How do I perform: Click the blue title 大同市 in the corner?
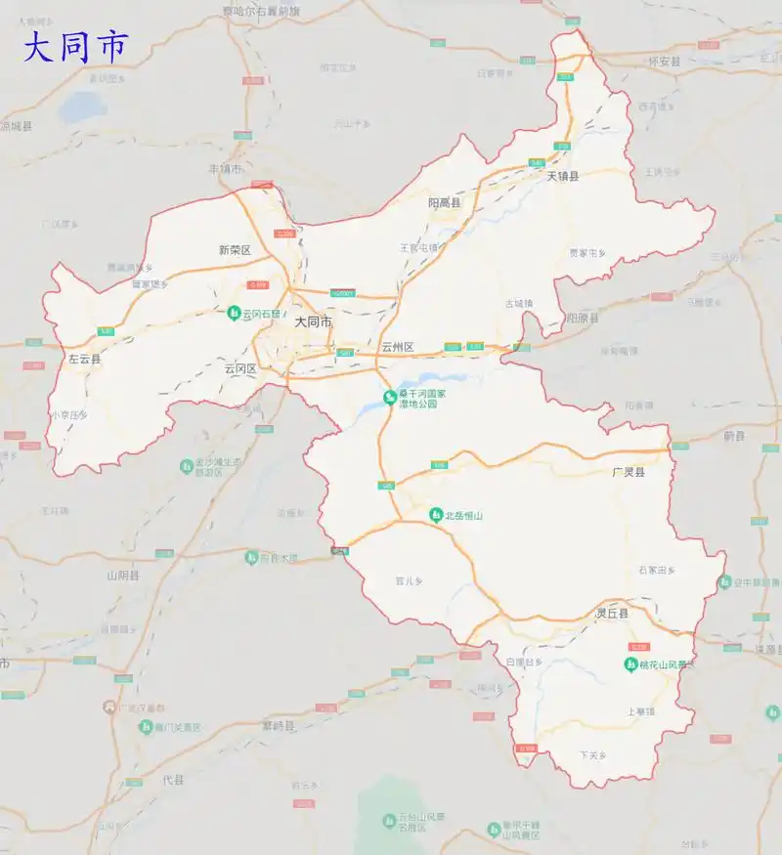pyautogui.click(x=75, y=47)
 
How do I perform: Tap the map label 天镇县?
pyautogui.click(x=563, y=177)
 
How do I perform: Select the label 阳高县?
pyautogui.click(x=445, y=203)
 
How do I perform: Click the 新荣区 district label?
pyautogui.click(x=235, y=250)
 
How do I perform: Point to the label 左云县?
pyautogui.click(x=85, y=360)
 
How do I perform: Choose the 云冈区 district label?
pyautogui.click(x=239, y=369)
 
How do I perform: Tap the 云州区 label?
pyautogui.click(x=398, y=348)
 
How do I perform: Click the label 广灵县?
pyautogui.click(x=629, y=472)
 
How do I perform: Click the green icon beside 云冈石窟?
pyautogui.click(x=235, y=314)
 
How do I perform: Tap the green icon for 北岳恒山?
pyautogui.click(x=436, y=515)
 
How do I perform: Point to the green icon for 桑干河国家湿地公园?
pyautogui.click(x=389, y=397)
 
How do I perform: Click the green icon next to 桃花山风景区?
pyautogui.click(x=631, y=664)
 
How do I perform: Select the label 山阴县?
pyautogui.click(x=123, y=577)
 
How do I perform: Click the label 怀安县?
pyautogui.click(x=664, y=61)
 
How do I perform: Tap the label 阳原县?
pyautogui.click(x=583, y=318)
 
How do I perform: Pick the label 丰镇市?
pyautogui.click(x=225, y=169)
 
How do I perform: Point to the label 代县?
pyautogui.click(x=173, y=780)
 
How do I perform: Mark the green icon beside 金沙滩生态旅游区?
pyautogui.click(x=186, y=467)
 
